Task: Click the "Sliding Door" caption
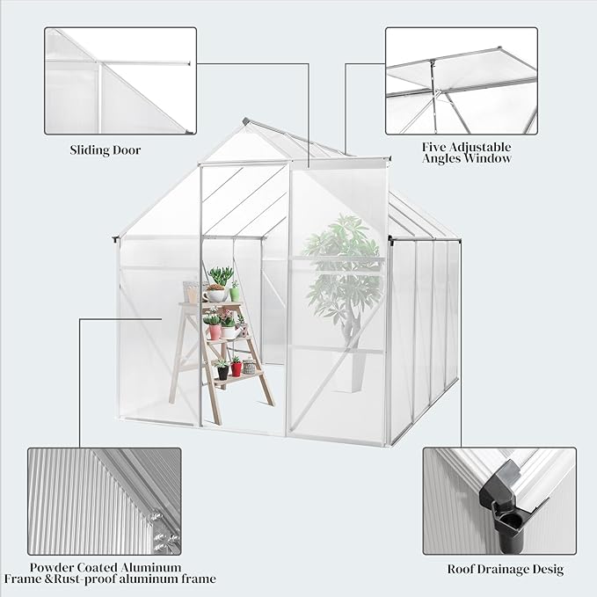coord(106,149)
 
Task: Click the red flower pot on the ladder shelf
coord(236,367)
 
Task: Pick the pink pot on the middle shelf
coord(214,331)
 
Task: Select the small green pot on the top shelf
coord(235,294)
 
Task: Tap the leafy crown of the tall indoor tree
coord(343,264)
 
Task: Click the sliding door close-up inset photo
coord(120,81)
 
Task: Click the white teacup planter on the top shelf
coord(215,294)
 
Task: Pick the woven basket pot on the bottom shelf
coord(250,368)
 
